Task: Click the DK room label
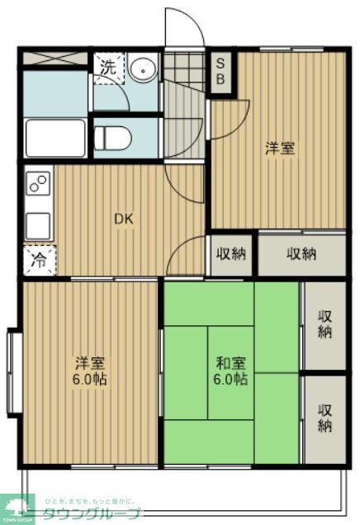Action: coord(123,219)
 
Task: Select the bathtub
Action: coord(55,137)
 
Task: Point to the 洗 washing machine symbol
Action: coord(107,69)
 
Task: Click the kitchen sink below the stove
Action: coord(38,225)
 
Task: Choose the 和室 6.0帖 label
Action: coord(230,371)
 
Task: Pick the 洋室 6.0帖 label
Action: coord(90,371)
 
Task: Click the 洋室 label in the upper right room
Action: coord(279,148)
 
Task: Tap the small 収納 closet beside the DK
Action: coord(231,254)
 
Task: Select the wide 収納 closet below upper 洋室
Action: coord(301,254)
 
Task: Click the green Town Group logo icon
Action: coord(17,504)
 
